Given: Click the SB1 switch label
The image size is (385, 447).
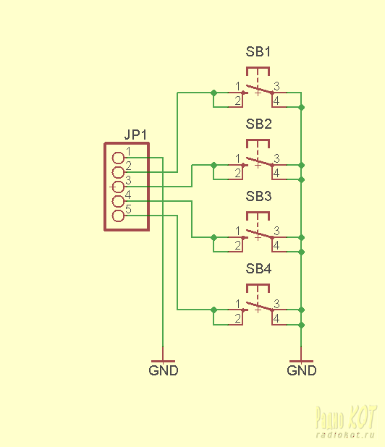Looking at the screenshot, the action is point(258,51).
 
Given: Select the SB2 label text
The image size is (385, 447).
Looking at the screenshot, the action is point(258,124).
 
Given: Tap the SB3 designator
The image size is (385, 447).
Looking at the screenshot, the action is point(258,196).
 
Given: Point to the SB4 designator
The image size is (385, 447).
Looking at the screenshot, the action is point(258,268).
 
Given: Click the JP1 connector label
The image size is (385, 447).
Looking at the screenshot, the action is point(135,135).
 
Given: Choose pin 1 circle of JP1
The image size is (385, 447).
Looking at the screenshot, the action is point(118,158).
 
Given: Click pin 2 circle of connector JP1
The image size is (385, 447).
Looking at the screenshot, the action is point(118,172).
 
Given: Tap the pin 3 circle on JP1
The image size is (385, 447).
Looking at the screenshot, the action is point(118,187).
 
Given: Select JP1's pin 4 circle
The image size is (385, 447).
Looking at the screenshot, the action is point(118,201).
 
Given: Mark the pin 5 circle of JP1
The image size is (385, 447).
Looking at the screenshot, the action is point(118,216).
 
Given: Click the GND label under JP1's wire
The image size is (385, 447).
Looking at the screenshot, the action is point(164,370).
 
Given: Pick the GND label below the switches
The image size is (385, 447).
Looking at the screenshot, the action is point(302,370).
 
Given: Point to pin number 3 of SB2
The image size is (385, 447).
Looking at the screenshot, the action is point(276,158).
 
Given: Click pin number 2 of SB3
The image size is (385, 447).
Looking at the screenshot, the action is point(238,245).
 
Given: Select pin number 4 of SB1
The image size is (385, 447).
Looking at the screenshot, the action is point(276,101).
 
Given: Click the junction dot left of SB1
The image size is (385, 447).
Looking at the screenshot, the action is point(213,93).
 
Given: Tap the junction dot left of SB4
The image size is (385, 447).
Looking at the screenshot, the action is point(213,310).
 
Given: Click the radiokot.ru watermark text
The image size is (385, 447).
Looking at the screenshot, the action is point(344,435).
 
